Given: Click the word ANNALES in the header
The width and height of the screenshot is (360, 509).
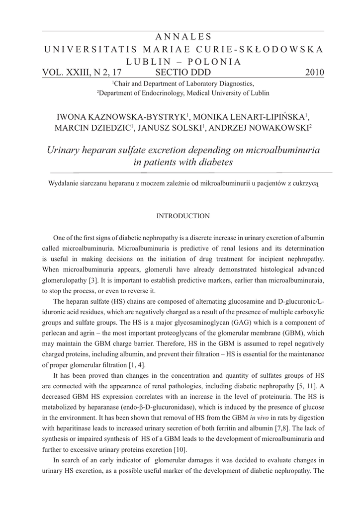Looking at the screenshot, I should click(x=183, y=37).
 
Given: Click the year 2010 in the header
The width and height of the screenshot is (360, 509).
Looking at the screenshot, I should click(x=314, y=73).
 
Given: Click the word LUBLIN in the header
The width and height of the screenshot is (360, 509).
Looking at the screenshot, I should click(x=142, y=62).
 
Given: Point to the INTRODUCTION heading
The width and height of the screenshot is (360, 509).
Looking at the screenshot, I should click(x=183, y=216).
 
